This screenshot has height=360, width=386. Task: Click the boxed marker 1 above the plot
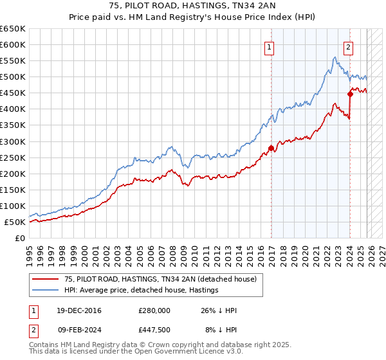click(x=269, y=46)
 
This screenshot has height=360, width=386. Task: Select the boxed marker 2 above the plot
click(x=348, y=46)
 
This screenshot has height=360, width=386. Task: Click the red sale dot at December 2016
click(x=271, y=148)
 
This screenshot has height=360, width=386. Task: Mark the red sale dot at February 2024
click(x=351, y=94)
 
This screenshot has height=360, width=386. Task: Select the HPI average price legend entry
click(x=141, y=290)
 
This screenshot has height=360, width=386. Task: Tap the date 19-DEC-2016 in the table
click(x=79, y=310)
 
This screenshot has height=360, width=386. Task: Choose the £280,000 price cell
click(x=154, y=310)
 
